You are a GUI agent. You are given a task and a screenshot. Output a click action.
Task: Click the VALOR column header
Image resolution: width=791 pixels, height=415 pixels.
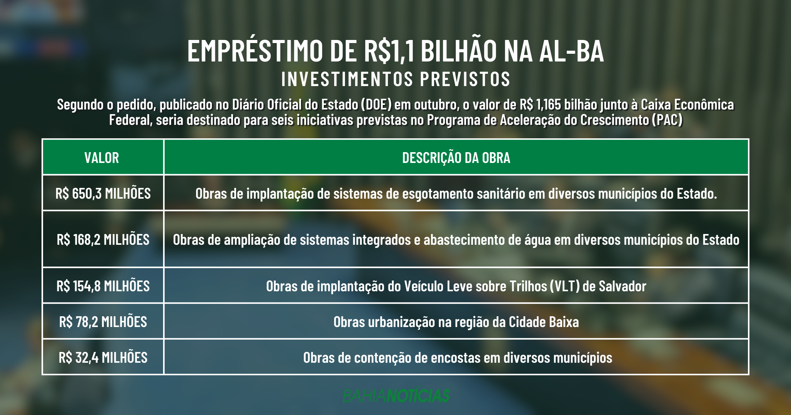tap(102, 158)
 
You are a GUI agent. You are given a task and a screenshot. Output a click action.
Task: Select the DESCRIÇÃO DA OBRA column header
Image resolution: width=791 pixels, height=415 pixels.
tap(456, 158)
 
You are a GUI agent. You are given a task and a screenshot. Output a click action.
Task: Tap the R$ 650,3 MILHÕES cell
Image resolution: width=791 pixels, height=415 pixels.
tap(103, 193)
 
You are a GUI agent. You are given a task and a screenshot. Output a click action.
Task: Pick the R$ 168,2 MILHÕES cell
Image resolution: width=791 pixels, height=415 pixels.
tap(103, 239)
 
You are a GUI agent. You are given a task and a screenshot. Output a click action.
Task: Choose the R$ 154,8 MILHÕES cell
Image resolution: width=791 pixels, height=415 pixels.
tap(103, 286)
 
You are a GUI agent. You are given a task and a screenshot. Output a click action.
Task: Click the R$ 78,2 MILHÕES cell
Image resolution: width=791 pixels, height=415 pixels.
tap(103, 322)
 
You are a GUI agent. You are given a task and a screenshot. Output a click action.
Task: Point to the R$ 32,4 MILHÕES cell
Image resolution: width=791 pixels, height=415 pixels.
tap(103, 357)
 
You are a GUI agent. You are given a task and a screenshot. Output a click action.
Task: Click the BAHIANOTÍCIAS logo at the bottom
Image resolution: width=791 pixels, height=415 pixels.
tap(396, 395)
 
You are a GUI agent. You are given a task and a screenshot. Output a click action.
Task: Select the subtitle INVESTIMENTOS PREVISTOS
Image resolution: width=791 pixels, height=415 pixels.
tap(396, 79)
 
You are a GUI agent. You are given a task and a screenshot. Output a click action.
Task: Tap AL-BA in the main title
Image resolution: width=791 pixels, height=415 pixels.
tap(571, 51)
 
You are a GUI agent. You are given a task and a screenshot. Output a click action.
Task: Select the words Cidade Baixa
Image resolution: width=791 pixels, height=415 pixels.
tap(544, 322)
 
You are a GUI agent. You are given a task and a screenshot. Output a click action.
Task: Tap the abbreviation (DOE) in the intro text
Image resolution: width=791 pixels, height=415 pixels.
tap(376, 105)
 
